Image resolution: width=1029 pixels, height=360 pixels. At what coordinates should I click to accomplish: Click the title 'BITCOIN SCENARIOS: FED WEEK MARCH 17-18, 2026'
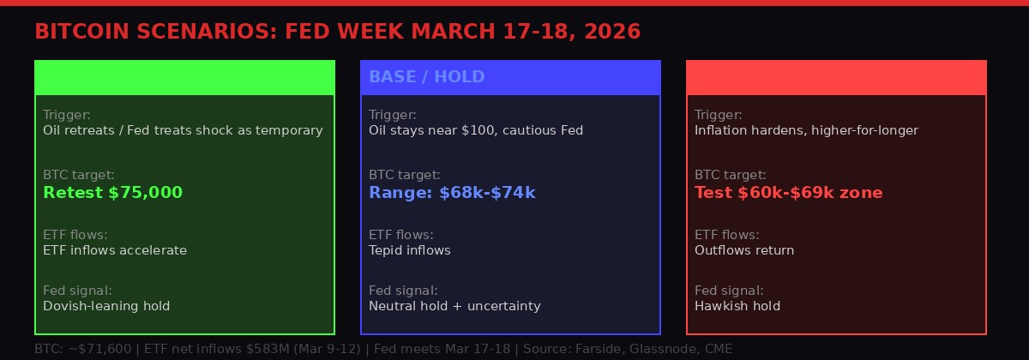(337, 32)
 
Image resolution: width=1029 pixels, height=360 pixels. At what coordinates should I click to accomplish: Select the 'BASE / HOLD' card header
(426, 77)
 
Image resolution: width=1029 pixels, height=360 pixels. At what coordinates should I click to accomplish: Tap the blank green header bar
(184, 77)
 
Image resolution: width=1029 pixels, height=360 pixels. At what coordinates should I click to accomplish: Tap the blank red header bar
(836, 77)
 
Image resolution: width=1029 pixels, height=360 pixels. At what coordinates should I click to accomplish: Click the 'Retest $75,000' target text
(112, 193)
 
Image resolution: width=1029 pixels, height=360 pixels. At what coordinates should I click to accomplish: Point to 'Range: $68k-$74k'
(452, 193)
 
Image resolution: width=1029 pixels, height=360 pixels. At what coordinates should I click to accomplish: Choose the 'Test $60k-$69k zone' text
(788, 193)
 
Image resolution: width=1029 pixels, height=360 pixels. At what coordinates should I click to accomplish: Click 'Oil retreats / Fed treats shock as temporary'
(183, 130)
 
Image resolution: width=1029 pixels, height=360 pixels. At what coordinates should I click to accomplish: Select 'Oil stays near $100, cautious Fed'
(476, 130)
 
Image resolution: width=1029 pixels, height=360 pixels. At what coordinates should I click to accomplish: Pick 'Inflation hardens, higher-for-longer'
(806, 130)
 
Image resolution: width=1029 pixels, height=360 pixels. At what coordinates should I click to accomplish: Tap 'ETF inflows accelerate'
(115, 250)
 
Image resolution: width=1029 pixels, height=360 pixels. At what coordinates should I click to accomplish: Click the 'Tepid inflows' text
(409, 250)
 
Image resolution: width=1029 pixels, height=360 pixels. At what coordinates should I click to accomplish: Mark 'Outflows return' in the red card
(744, 250)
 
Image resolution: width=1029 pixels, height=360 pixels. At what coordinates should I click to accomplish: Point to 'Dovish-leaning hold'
(106, 305)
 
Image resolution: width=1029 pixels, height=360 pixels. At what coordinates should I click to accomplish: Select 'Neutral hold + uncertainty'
(454, 305)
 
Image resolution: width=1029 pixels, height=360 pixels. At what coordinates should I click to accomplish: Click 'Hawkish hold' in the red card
(737, 305)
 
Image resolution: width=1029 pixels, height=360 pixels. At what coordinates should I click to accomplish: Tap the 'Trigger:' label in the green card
(67, 115)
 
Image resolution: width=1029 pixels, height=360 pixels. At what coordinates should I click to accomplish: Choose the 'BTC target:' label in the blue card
(405, 175)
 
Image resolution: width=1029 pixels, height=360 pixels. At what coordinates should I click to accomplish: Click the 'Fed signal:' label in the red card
(729, 290)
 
